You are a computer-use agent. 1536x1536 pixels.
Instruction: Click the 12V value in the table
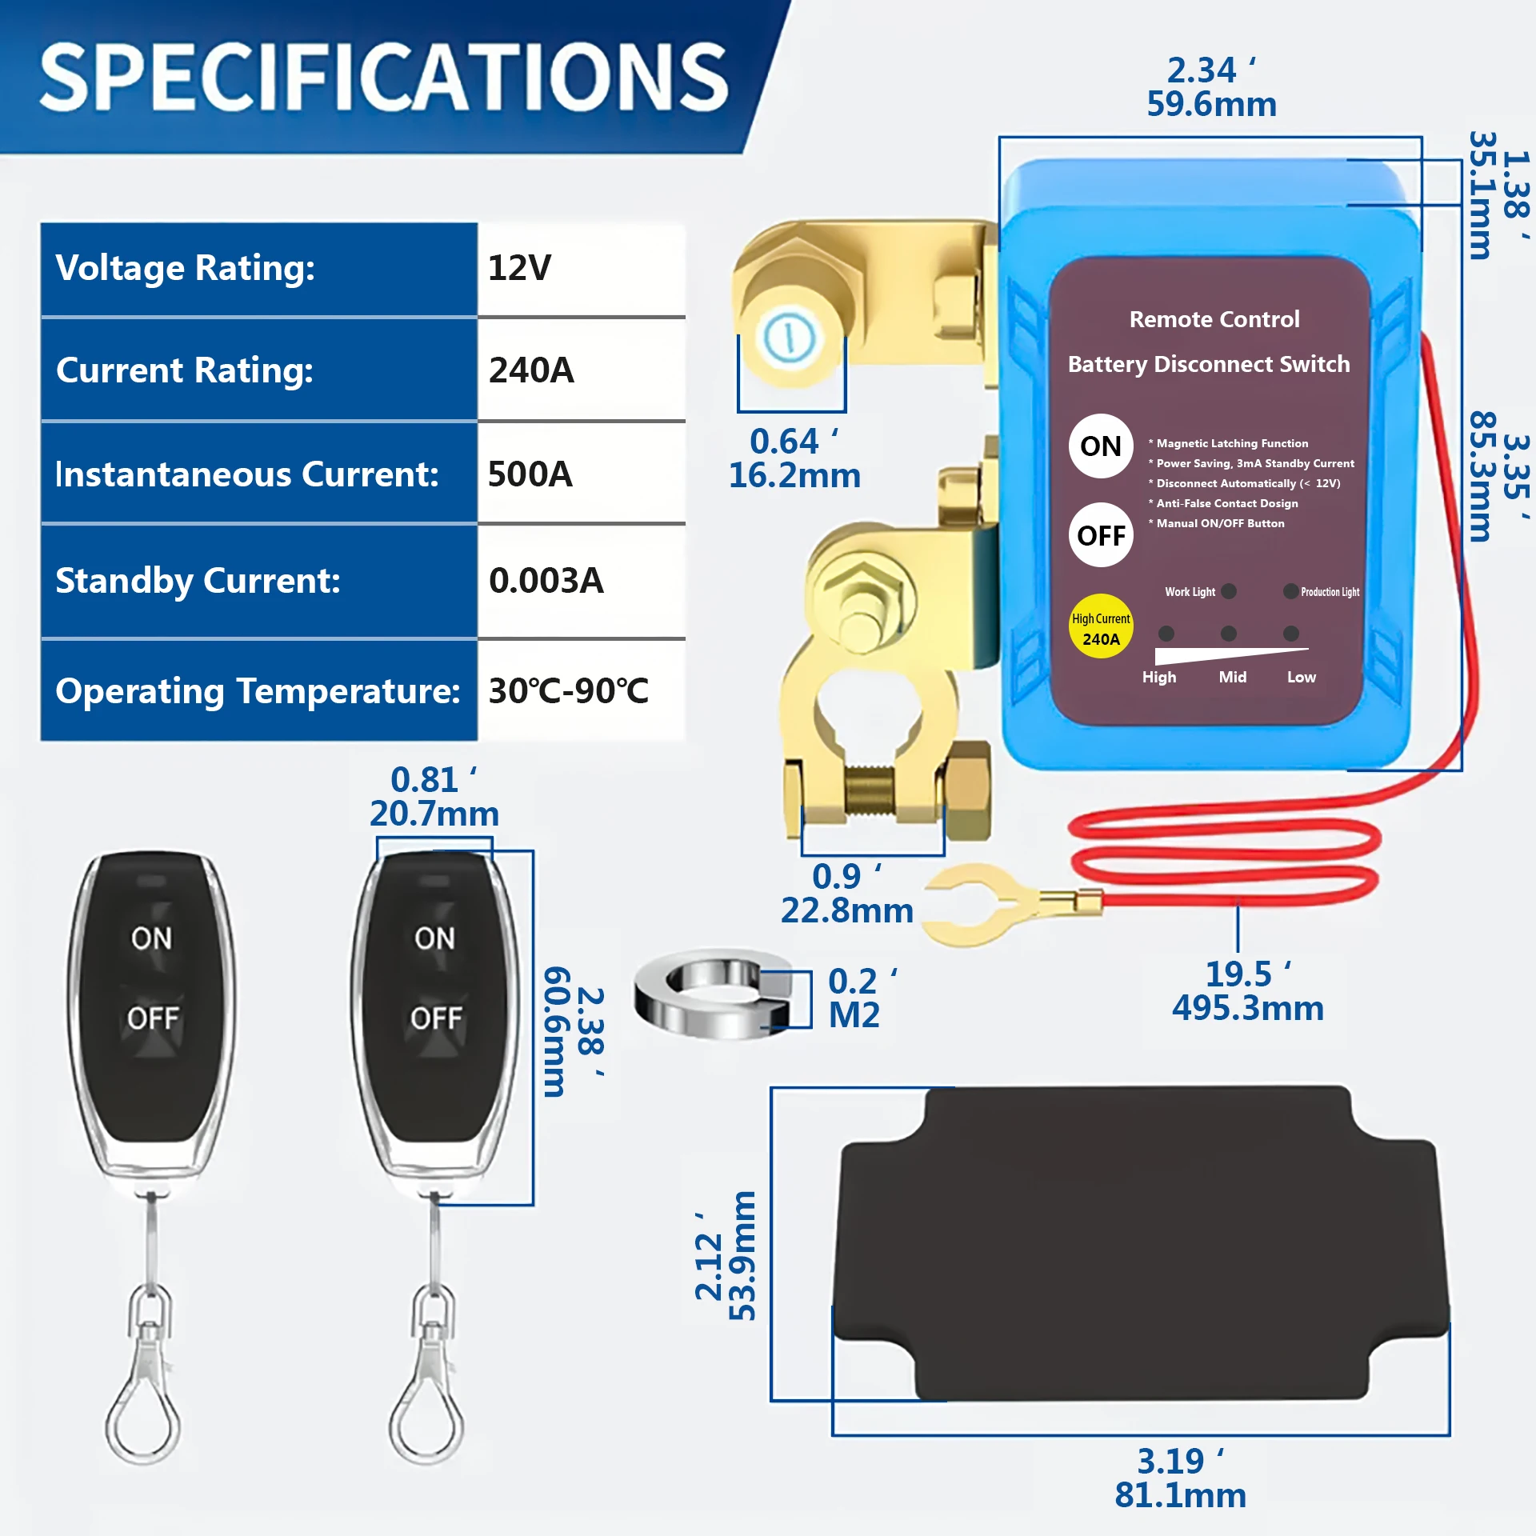pyautogui.click(x=520, y=268)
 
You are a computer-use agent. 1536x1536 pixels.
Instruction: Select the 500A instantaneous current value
pyautogui.click(x=530, y=474)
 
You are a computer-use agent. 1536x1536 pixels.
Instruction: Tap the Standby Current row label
pyautogui.click(x=198, y=581)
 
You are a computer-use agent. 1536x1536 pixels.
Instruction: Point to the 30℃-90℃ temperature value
pyautogui.click(x=568, y=691)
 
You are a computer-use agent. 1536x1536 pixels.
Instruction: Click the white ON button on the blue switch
pyautogui.click(x=1100, y=446)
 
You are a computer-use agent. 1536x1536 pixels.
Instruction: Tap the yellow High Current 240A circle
pyautogui.click(x=1101, y=627)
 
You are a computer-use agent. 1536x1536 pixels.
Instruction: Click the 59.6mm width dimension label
pyautogui.click(x=1211, y=105)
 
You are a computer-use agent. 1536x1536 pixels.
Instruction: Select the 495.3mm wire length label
pyautogui.click(x=1247, y=1008)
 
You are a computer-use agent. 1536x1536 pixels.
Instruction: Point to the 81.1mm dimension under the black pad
pyautogui.click(x=1180, y=1495)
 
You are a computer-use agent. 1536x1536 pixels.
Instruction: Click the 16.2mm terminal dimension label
pyautogui.click(x=794, y=476)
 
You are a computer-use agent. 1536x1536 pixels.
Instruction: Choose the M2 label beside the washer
pyautogui.click(x=854, y=1016)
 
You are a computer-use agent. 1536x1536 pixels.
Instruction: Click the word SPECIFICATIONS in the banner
pyautogui.click(x=384, y=78)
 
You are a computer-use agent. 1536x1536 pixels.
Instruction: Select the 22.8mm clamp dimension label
pyautogui.click(x=846, y=911)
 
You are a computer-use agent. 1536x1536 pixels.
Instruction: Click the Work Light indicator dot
pyautogui.click(x=1229, y=592)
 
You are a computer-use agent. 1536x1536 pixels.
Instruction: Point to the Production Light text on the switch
pyautogui.click(x=1330, y=592)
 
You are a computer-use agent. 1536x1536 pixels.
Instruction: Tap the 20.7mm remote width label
pyautogui.click(x=434, y=814)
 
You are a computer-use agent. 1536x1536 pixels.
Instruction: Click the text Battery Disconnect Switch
pyautogui.click(x=1209, y=365)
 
